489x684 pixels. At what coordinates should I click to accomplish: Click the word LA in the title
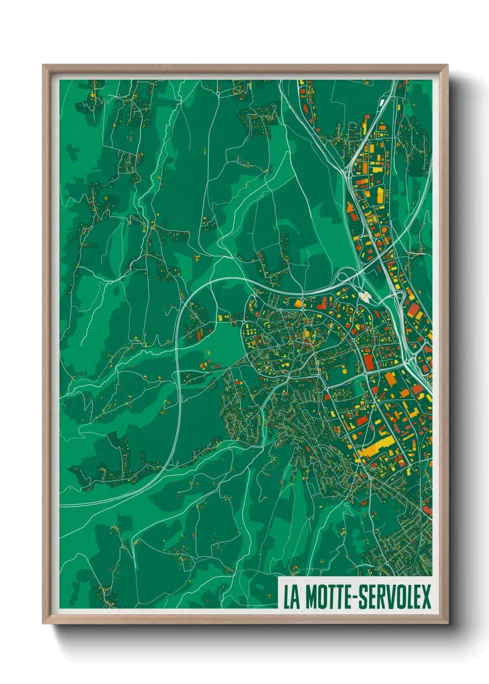click(291, 597)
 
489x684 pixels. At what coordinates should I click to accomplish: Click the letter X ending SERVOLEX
click(426, 597)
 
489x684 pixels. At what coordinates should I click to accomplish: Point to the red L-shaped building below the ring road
click(323, 303)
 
